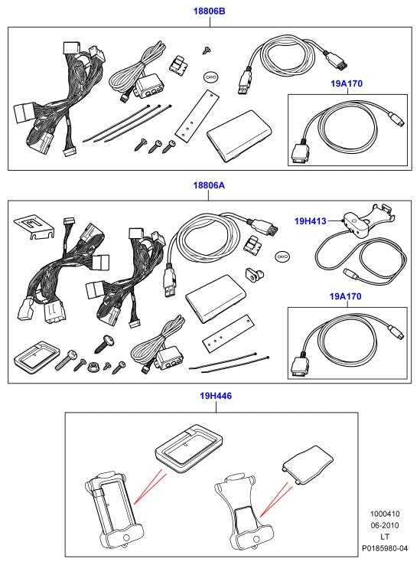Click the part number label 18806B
coord(209,11)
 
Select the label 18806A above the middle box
coord(209,185)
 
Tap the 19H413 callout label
coord(310,221)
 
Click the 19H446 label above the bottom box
coord(216,396)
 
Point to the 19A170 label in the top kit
coord(347,83)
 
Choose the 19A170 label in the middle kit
coord(346,296)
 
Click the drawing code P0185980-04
coord(385,548)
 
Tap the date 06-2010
coord(385,525)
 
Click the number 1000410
coord(385,514)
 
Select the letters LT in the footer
coord(385,537)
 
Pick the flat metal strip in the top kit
coord(197,115)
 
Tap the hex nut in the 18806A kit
coord(93,367)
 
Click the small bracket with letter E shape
coord(33,227)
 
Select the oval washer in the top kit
coord(210,77)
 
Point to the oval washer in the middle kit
coord(282,256)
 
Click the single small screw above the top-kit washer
coord(207,50)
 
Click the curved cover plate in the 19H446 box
coord(308,465)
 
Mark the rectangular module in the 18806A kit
coord(217,299)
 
